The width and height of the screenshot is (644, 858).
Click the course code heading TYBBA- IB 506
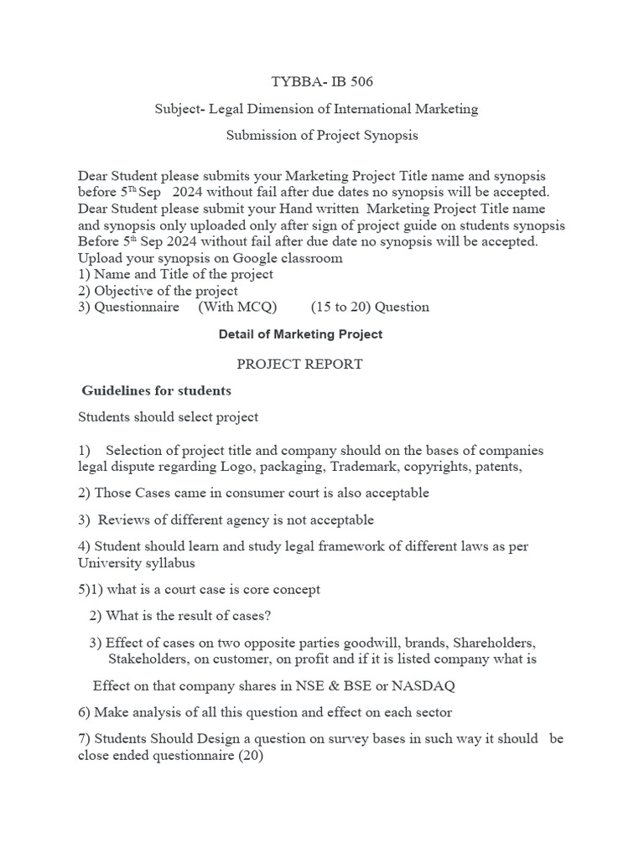pyautogui.click(x=322, y=82)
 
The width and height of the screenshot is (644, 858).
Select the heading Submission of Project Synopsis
pyautogui.click(x=322, y=135)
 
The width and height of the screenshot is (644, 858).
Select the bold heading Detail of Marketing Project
pyautogui.click(x=300, y=334)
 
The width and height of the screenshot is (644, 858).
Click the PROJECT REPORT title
pyautogui.click(x=299, y=364)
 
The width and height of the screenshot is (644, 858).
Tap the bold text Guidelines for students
pyautogui.click(x=156, y=391)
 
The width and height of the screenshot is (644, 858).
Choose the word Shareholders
pyautogui.click(x=492, y=643)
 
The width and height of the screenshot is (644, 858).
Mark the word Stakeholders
pyautogui.click(x=149, y=659)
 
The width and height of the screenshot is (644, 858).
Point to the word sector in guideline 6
pyautogui.click(x=432, y=713)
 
